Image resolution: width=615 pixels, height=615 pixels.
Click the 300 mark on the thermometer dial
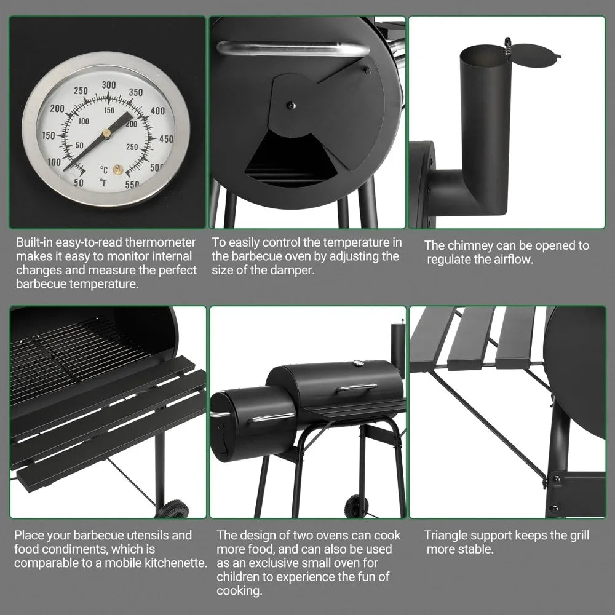click(x=109, y=85)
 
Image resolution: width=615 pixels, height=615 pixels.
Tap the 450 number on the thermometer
click(x=166, y=139)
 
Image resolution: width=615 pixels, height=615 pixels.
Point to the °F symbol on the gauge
click(x=103, y=182)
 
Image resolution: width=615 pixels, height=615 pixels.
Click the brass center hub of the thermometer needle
click(x=106, y=132)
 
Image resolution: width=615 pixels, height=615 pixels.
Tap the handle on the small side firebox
click(x=272, y=418)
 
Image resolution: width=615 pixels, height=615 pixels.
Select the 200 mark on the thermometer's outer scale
click(x=57, y=109)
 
